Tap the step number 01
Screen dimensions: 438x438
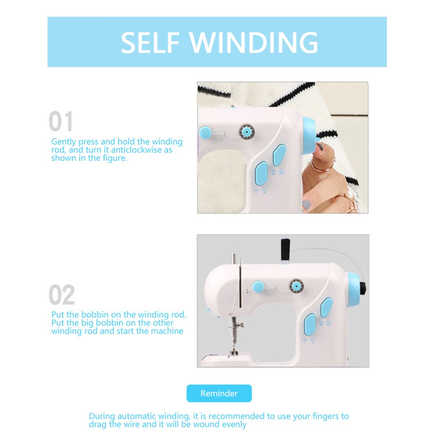[61, 121]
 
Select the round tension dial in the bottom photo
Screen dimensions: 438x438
[295, 285]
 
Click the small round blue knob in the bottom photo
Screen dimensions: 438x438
[257, 286]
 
